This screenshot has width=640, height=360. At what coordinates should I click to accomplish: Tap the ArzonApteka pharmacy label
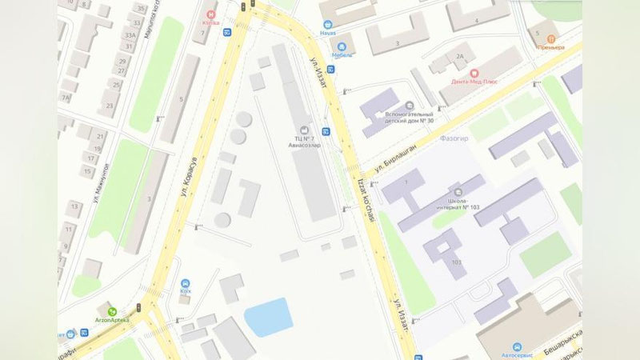(112, 319)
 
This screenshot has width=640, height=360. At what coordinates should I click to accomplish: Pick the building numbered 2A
(459, 56)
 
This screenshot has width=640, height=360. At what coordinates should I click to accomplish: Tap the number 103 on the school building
(457, 262)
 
